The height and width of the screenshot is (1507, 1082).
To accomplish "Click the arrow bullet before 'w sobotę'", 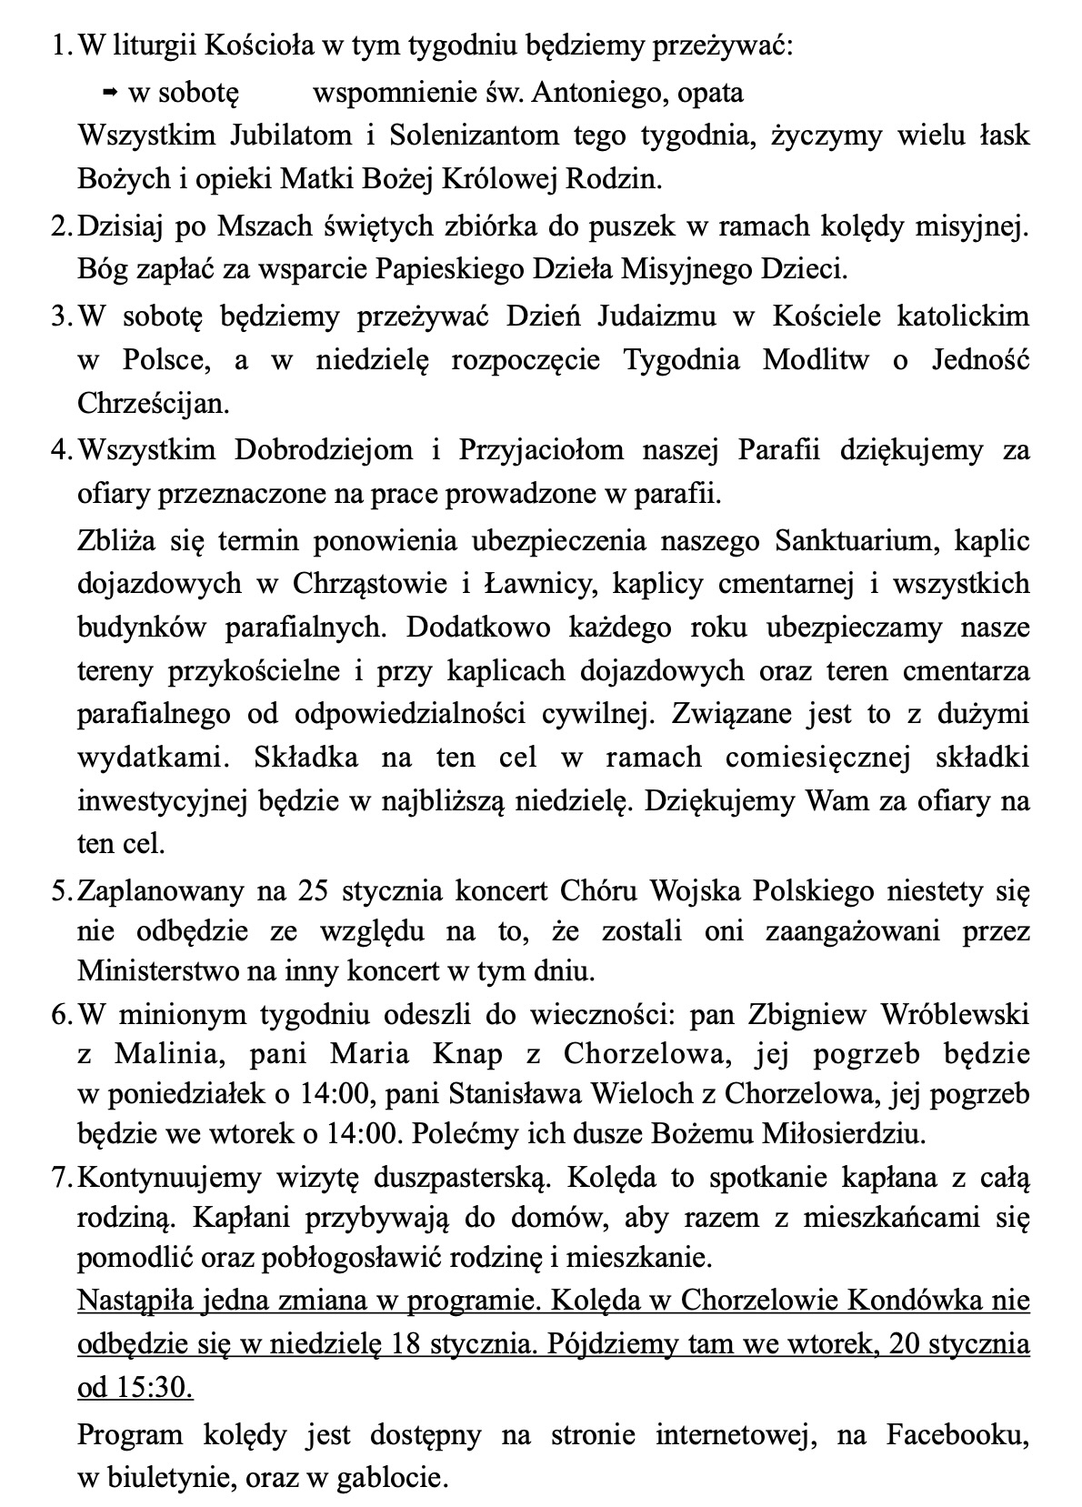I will point(110,92).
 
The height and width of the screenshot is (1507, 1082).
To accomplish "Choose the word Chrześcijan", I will point(153,403).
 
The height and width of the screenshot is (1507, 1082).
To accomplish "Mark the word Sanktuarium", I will point(855,540).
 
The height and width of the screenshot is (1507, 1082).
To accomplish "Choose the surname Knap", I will point(467,1054).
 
